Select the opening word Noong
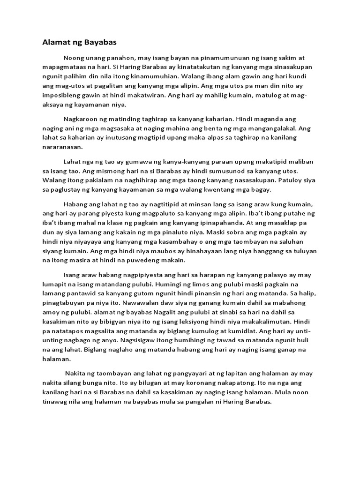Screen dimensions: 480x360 point(74,58)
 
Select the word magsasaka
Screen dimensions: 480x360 point(122,128)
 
